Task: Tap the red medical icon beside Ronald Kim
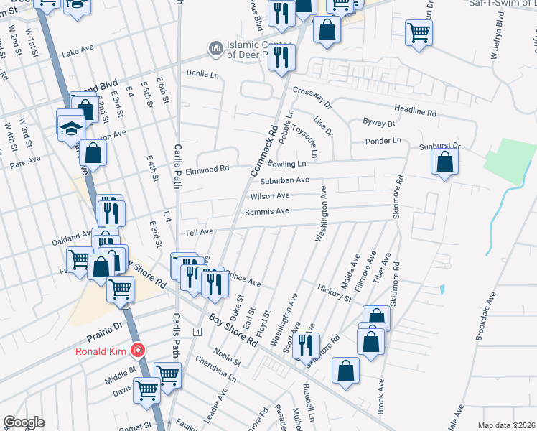(x=137, y=351)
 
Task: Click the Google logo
(x=24, y=422)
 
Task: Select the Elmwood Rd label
(x=207, y=169)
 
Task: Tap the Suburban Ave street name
(x=284, y=180)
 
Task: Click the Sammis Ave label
(x=266, y=211)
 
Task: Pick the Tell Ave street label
(x=200, y=232)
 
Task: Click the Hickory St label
(x=334, y=292)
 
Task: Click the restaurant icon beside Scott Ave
(x=306, y=345)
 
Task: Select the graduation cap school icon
(x=71, y=127)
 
